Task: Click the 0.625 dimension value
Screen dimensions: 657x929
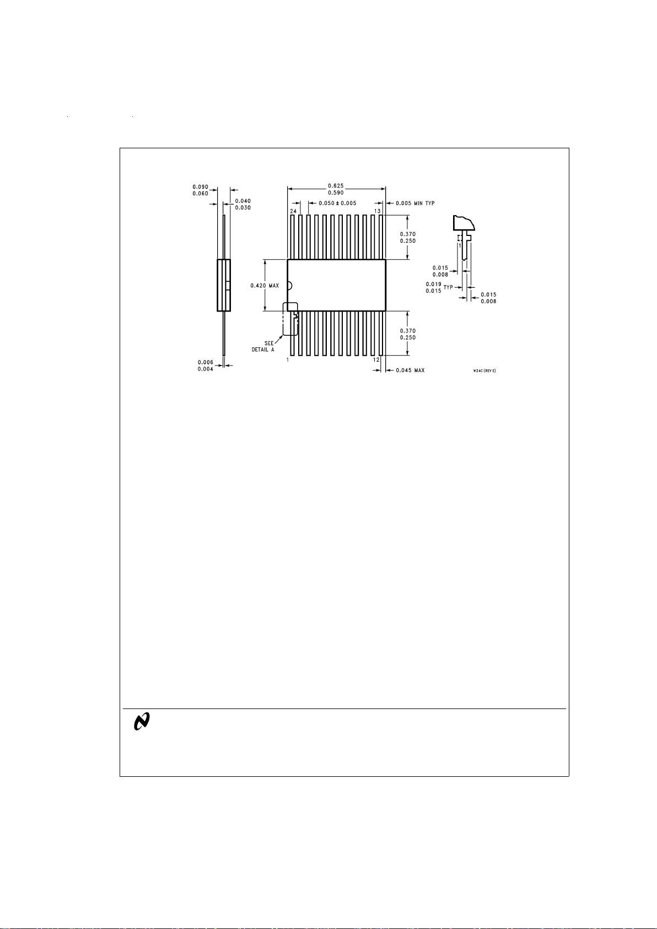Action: pyautogui.click(x=336, y=186)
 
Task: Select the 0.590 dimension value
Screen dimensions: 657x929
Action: pyautogui.click(x=336, y=193)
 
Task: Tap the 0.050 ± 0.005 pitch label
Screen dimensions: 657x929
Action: pyautogui.click(x=337, y=203)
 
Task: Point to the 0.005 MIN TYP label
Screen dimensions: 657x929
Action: pyautogui.click(x=415, y=203)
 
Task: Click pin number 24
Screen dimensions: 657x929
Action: pyautogui.click(x=293, y=211)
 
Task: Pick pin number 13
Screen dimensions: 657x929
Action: pyautogui.click(x=378, y=211)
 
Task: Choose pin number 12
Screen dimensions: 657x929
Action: pyautogui.click(x=376, y=359)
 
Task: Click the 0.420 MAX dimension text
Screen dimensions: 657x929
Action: pyautogui.click(x=265, y=286)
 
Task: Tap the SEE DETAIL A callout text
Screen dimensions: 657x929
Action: pyautogui.click(x=263, y=347)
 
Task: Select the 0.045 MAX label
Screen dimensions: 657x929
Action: pyautogui.click(x=410, y=370)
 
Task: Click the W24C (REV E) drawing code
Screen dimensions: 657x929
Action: pyautogui.click(x=484, y=370)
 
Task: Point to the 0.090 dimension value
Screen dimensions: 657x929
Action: pyautogui.click(x=200, y=187)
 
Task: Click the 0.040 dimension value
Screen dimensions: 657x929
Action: pyautogui.click(x=243, y=201)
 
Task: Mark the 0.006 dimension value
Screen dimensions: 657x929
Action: pyautogui.click(x=206, y=362)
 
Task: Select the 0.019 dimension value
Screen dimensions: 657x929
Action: pyautogui.click(x=433, y=284)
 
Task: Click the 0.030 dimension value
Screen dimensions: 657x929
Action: pyautogui.click(x=243, y=208)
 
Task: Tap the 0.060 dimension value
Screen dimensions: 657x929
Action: pyautogui.click(x=200, y=194)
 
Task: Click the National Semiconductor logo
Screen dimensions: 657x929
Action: pyautogui.click(x=142, y=722)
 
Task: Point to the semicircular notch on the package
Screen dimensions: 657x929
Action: pyautogui.click(x=289, y=286)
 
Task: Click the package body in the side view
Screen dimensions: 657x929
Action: pyautogui.click(x=223, y=285)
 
